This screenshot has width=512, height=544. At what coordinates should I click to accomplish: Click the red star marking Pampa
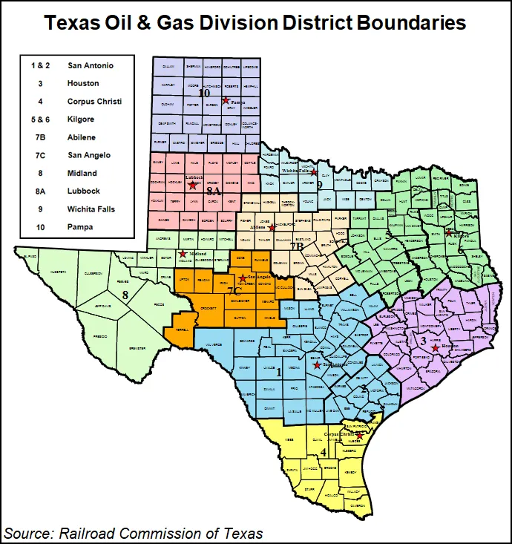tap(225, 99)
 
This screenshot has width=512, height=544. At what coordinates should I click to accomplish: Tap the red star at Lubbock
tap(193, 186)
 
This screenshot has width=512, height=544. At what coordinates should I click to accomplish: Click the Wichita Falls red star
tap(314, 172)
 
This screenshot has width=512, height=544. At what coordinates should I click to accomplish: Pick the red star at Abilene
tap(272, 228)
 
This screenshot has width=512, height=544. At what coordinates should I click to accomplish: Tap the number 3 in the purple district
tap(424, 341)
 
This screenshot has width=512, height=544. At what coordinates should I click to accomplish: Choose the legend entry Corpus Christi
tap(94, 101)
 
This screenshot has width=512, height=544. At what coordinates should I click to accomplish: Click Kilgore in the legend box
tap(80, 119)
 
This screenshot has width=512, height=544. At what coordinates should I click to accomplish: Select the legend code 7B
tap(40, 137)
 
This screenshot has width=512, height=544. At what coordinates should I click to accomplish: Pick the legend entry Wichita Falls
tap(93, 209)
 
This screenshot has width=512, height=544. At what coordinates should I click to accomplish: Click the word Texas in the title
tap(72, 23)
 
